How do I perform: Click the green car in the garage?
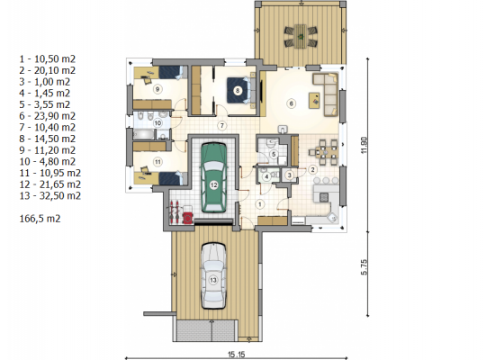coord(213,178)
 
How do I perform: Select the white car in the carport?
coord(213,275)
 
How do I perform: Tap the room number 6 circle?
coord(291,103)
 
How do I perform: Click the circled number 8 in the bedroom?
coord(238,91)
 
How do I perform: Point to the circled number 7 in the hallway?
coord(222,126)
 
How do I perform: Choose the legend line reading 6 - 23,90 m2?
coord(48,116)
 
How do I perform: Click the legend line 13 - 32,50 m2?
coord(50,195)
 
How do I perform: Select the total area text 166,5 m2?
coord(40,219)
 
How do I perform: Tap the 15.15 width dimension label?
coord(237,355)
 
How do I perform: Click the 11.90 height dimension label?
coord(364,145)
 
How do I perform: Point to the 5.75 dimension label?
coord(364,267)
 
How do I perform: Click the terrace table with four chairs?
coord(301,36)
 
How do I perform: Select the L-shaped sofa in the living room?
coord(327,94)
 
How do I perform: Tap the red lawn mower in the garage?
coord(188,217)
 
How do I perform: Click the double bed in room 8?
coord(241,90)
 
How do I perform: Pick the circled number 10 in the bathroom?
coord(157,122)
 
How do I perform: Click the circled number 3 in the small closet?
coord(289,175)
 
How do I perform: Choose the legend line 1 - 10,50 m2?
coord(48,59)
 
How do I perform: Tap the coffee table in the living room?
coord(314,101)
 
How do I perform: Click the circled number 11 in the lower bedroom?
coord(157,162)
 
